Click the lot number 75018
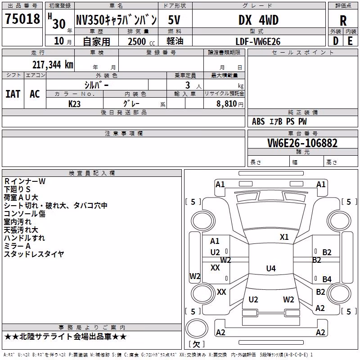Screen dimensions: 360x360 (22, 18)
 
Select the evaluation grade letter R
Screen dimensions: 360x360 (343, 21)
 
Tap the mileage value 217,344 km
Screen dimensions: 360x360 (53, 65)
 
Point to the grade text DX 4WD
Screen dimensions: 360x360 (258, 20)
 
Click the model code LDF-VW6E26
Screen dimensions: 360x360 (258, 41)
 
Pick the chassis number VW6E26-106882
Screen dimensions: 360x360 (302, 143)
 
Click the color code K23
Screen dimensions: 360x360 (74, 104)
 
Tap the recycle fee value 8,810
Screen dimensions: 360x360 (227, 104)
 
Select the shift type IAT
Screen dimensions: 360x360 (13, 94)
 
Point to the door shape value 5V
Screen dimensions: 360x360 (174, 20)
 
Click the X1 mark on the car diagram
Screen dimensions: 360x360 (284, 237)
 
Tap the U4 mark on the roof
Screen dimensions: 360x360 (271, 268)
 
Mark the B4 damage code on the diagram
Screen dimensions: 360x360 (327, 279)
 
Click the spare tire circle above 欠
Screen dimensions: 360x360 (197, 328)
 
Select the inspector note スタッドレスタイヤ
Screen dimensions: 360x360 (34, 254)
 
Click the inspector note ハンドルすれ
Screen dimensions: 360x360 (24, 238)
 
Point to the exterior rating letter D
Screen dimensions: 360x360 (336, 41)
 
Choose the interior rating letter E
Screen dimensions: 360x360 (350, 41)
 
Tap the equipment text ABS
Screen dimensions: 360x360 (258, 121)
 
